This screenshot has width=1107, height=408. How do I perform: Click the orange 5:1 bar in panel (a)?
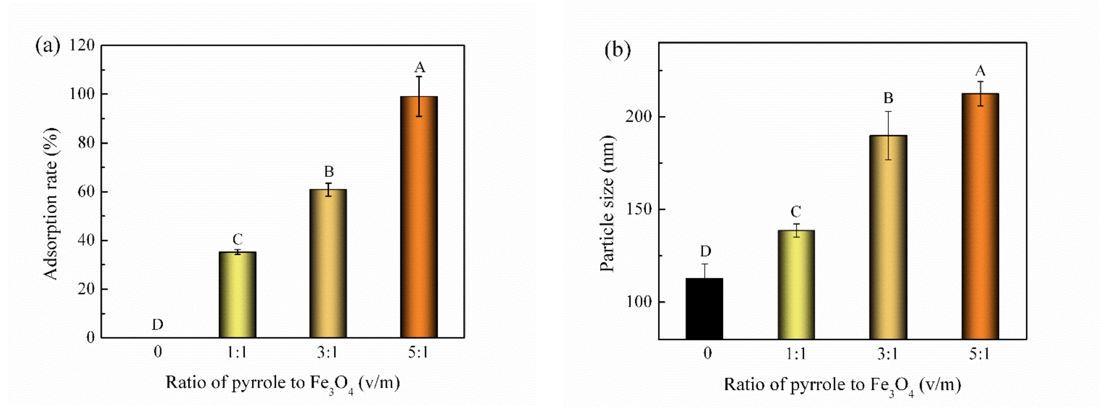(419, 217)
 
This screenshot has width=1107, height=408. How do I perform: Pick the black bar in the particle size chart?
(704, 309)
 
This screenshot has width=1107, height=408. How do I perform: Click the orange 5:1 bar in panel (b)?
(980, 216)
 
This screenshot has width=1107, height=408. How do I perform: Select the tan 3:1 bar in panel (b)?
(888, 237)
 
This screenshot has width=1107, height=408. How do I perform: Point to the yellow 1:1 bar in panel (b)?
(796, 285)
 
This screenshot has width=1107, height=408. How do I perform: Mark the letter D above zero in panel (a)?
(158, 325)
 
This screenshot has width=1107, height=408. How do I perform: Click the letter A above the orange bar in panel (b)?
(980, 70)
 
